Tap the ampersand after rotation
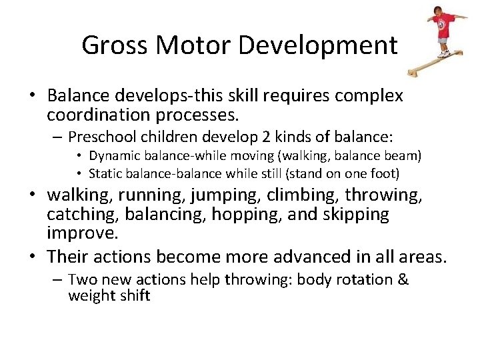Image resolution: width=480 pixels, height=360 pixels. coord(403,279)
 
